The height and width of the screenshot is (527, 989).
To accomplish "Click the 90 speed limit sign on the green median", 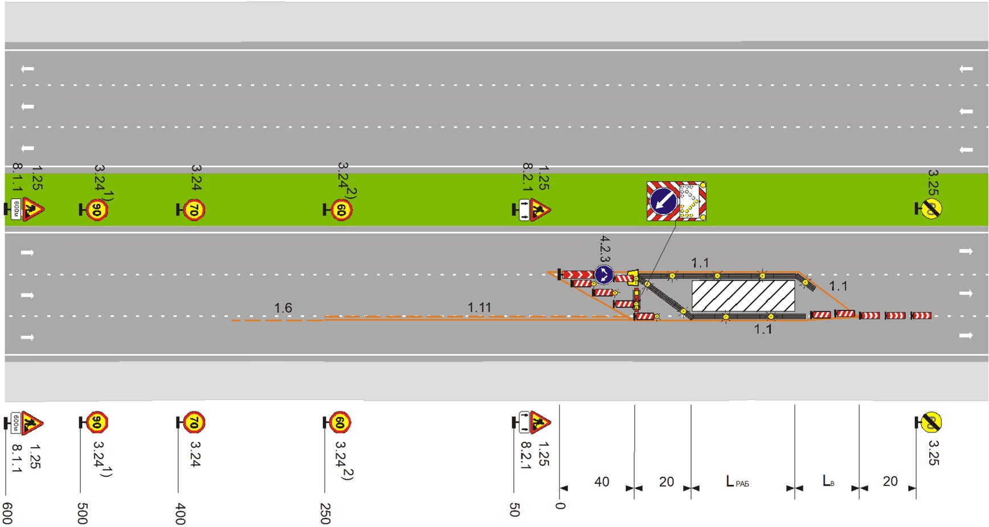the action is point(97,210).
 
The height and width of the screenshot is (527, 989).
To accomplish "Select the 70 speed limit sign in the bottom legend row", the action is point(194,423).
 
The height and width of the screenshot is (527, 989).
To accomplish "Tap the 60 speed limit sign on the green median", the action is point(341,210).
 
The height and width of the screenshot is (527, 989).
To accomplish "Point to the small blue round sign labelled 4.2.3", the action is point(604,275).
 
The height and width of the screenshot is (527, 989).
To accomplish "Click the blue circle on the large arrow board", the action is point(663,201).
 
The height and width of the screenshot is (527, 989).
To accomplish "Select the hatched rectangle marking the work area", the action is point(743,296).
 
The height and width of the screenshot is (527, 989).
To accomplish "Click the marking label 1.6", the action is point(283,308).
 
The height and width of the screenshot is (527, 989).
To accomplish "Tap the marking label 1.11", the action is point(479,307).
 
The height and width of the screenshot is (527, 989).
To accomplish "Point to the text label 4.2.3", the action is point(605,249).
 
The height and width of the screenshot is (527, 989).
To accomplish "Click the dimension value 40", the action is point(602,482).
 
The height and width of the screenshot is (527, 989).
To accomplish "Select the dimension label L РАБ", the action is point(737,482).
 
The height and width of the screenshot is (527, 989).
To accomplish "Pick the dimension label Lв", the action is point(828,481).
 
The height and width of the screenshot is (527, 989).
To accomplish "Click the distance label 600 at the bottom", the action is point(7,513).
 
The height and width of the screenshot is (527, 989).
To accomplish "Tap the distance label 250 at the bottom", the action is point(325,513).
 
